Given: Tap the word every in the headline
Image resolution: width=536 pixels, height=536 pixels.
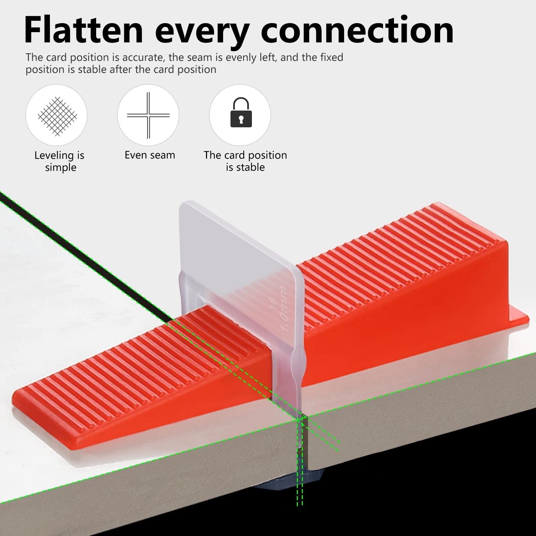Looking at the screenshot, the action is [x=202, y=33].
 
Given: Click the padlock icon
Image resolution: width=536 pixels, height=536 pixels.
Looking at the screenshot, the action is [x=241, y=112].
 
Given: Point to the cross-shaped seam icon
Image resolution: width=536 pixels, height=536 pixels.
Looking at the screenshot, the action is [x=148, y=115].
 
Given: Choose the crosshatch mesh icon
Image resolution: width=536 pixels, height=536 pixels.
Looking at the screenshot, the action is [x=57, y=117].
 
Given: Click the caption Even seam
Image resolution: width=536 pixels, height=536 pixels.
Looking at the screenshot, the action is [x=150, y=155].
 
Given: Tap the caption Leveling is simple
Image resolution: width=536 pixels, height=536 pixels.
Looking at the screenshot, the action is [x=60, y=161].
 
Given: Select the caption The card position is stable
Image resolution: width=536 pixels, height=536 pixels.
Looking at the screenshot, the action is [x=245, y=161].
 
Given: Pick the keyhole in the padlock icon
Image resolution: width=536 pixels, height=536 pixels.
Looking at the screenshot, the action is [x=241, y=119].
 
